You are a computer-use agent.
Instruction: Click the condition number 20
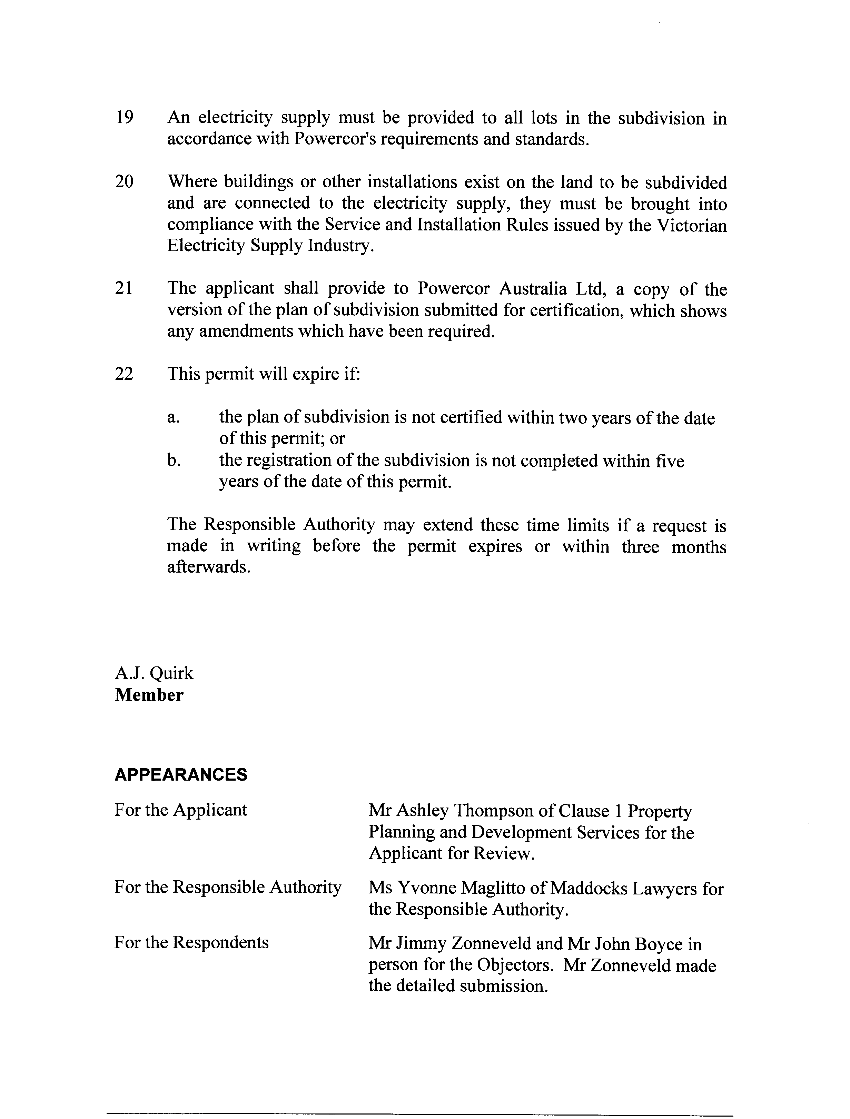[125, 181]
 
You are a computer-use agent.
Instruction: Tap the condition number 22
[125, 374]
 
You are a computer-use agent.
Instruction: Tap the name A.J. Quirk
[154, 673]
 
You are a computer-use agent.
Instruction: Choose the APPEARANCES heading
[181, 774]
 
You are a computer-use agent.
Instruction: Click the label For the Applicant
[181, 810]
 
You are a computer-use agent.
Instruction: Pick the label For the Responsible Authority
[228, 887]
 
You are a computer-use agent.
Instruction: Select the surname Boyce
[655, 944]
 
